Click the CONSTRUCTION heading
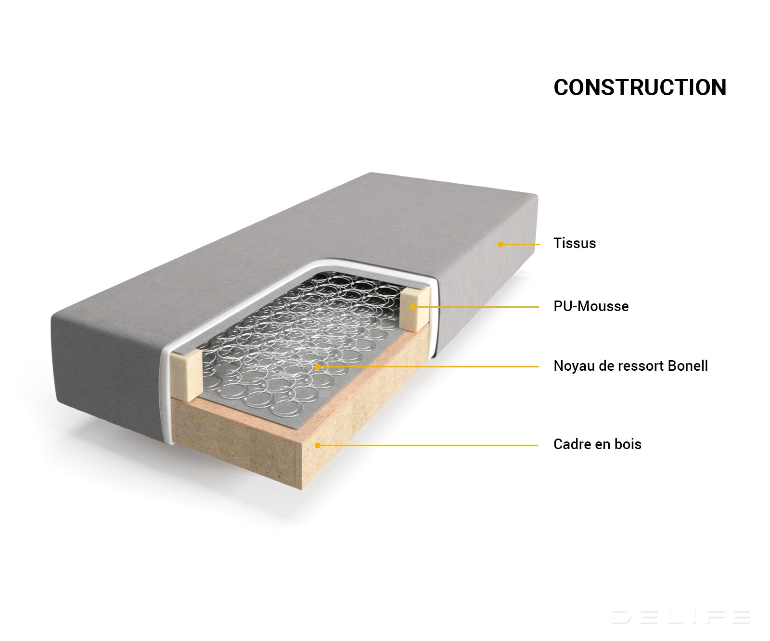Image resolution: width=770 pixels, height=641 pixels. [x=640, y=88]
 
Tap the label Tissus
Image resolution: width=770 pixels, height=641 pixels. [x=575, y=243]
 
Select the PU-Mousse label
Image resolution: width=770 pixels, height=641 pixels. [x=591, y=306]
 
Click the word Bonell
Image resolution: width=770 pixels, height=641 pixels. [x=688, y=366]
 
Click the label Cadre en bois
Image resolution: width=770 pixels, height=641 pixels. [x=597, y=444]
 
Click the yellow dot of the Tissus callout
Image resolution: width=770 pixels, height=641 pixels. [x=500, y=244]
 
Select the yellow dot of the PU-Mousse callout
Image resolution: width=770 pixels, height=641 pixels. [x=413, y=307]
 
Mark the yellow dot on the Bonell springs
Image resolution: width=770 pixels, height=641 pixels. [x=318, y=366]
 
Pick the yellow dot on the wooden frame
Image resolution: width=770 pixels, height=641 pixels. [x=318, y=445]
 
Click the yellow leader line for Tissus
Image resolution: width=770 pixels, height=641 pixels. [x=520, y=244]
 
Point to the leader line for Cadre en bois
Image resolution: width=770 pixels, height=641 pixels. [x=428, y=445]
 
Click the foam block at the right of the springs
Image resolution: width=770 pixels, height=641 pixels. [x=415, y=308]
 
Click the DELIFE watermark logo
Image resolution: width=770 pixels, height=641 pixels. [x=680, y=616]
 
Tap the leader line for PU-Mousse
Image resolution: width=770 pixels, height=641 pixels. [x=476, y=307]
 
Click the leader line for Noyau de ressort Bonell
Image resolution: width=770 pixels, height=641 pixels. [x=428, y=366]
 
